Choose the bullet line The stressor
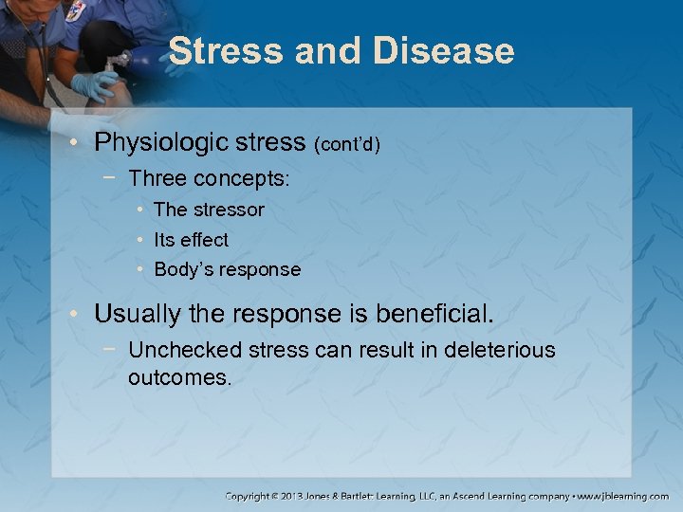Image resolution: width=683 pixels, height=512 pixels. coord(209,210)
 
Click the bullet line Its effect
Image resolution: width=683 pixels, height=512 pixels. coord(191,240)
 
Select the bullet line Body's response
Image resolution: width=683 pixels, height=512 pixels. coord(227,269)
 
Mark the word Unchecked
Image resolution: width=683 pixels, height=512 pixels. coord(185,350)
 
